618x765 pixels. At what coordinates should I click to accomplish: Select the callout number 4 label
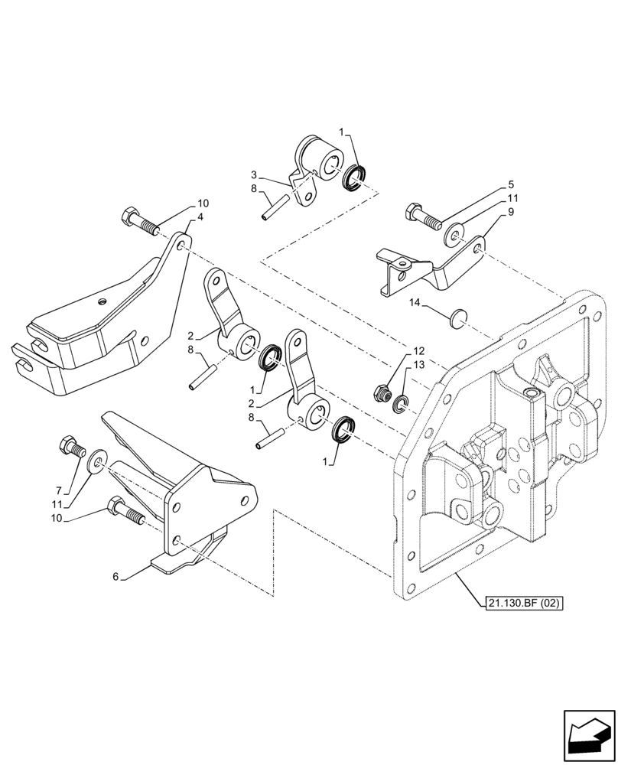coord(200,217)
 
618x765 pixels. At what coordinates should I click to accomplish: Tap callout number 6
coord(115,577)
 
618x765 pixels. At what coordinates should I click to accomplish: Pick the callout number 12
coord(418,350)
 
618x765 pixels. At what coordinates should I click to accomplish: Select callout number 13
coord(418,365)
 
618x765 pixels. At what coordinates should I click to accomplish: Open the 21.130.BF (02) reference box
coord(523,604)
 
